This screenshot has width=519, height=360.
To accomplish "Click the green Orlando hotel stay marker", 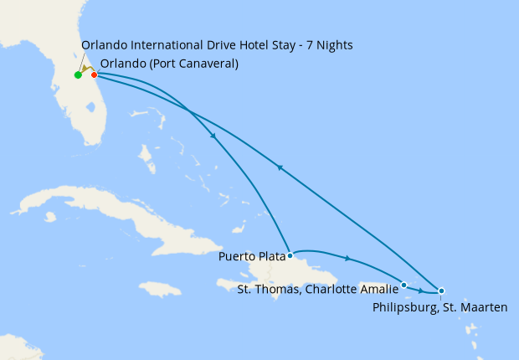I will point(78,75).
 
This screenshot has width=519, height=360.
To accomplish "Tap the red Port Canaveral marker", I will point(95,75).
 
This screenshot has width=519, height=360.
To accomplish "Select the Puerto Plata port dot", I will point(290,255).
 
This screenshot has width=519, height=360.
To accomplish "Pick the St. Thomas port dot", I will point(404,285).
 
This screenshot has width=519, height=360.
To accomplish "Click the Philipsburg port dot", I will point(441,291).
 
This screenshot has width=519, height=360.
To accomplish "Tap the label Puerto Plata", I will point(252,256).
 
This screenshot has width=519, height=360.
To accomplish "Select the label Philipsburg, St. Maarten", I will point(439,307).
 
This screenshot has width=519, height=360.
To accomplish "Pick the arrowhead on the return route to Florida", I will point(280,167).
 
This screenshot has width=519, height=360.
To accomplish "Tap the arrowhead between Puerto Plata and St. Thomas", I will point(347,258).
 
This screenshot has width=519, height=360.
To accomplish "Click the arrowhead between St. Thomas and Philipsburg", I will point(421,290).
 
